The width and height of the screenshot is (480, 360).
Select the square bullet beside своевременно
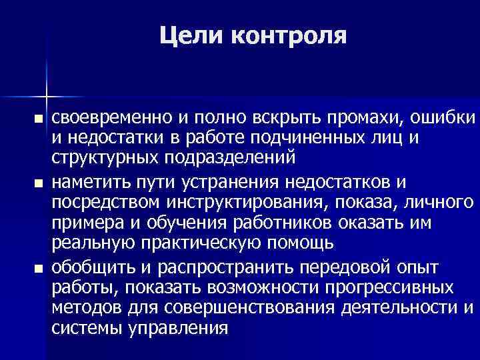click(x=38, y=119)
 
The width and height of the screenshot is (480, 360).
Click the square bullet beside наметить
click(x=38, y=183)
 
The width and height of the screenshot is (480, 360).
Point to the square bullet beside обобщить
click(x=38, y=268)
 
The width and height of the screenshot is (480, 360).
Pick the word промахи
click(x=360, y=119)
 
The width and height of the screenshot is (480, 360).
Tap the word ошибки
click(x=444, y=119)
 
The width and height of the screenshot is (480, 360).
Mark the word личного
click(x=442, y=201)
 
